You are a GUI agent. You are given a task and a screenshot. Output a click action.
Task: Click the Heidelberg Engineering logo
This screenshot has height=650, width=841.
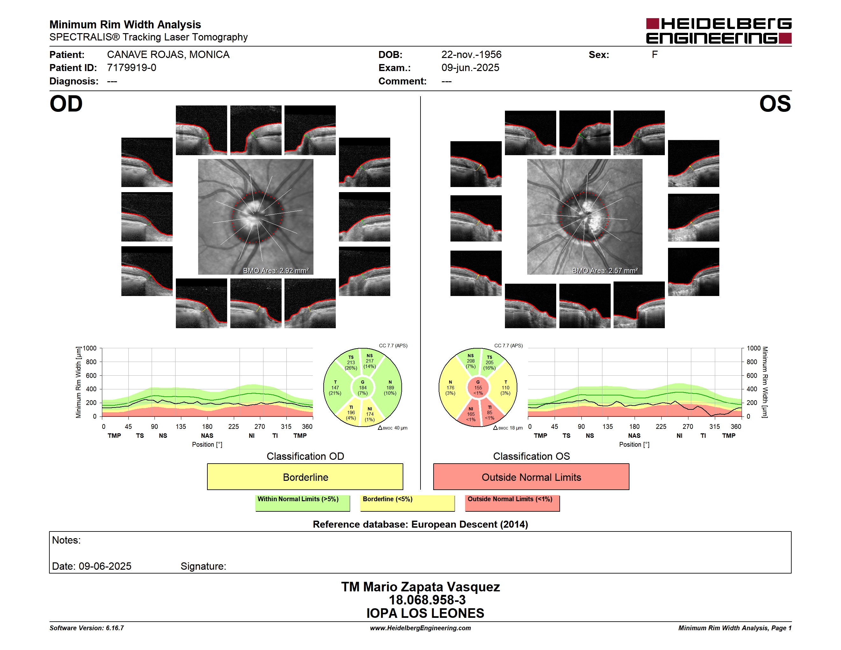point(719,31)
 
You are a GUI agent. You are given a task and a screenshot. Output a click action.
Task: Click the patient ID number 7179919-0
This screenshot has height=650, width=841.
point(132,68)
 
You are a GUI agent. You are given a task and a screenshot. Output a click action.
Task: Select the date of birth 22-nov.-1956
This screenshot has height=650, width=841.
point(471,55)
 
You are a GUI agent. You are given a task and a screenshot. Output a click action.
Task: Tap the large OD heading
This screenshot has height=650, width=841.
point(66,104)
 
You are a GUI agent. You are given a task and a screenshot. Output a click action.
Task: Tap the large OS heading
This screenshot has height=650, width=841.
point(775,104)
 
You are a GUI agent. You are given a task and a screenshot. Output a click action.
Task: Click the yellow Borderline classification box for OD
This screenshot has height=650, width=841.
point(305,477)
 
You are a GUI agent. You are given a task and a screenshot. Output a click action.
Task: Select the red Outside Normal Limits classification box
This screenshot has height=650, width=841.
point(531,477)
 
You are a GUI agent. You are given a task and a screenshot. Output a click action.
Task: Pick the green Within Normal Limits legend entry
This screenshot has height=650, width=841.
point(302,503)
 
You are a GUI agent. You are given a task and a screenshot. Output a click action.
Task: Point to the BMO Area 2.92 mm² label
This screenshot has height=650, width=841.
point(276,271)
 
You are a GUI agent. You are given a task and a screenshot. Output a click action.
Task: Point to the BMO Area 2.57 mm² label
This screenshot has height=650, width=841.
point(605,271)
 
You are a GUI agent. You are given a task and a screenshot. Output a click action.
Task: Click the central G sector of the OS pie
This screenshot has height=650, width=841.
point(478,388)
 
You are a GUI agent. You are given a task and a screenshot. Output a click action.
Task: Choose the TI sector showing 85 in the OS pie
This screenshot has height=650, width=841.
point(491,413)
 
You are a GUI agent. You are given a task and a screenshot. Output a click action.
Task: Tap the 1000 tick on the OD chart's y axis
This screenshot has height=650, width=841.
point(89,349)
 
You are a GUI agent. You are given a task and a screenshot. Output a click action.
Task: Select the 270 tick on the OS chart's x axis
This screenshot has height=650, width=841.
point(688,427)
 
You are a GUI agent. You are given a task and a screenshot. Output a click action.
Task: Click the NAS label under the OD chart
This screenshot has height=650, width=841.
point(207,436)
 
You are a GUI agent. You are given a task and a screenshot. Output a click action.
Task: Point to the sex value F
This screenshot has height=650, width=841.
point(655,55)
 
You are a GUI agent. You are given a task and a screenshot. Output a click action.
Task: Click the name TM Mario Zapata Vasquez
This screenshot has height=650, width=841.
point(420,587)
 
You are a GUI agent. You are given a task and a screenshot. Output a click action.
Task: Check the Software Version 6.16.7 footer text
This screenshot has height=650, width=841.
point(87,628)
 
